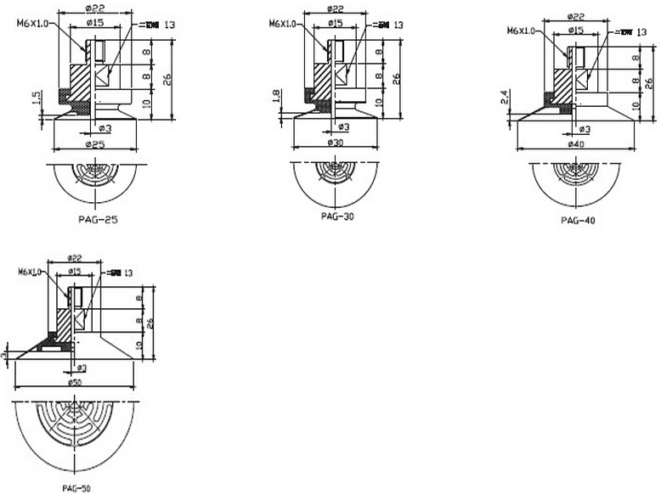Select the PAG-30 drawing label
337,216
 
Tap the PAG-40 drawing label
578,220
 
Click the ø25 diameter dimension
96,145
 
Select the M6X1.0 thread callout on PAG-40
522,31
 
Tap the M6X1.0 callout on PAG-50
32,272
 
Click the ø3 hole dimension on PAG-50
82,368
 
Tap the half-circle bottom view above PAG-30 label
337,182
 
